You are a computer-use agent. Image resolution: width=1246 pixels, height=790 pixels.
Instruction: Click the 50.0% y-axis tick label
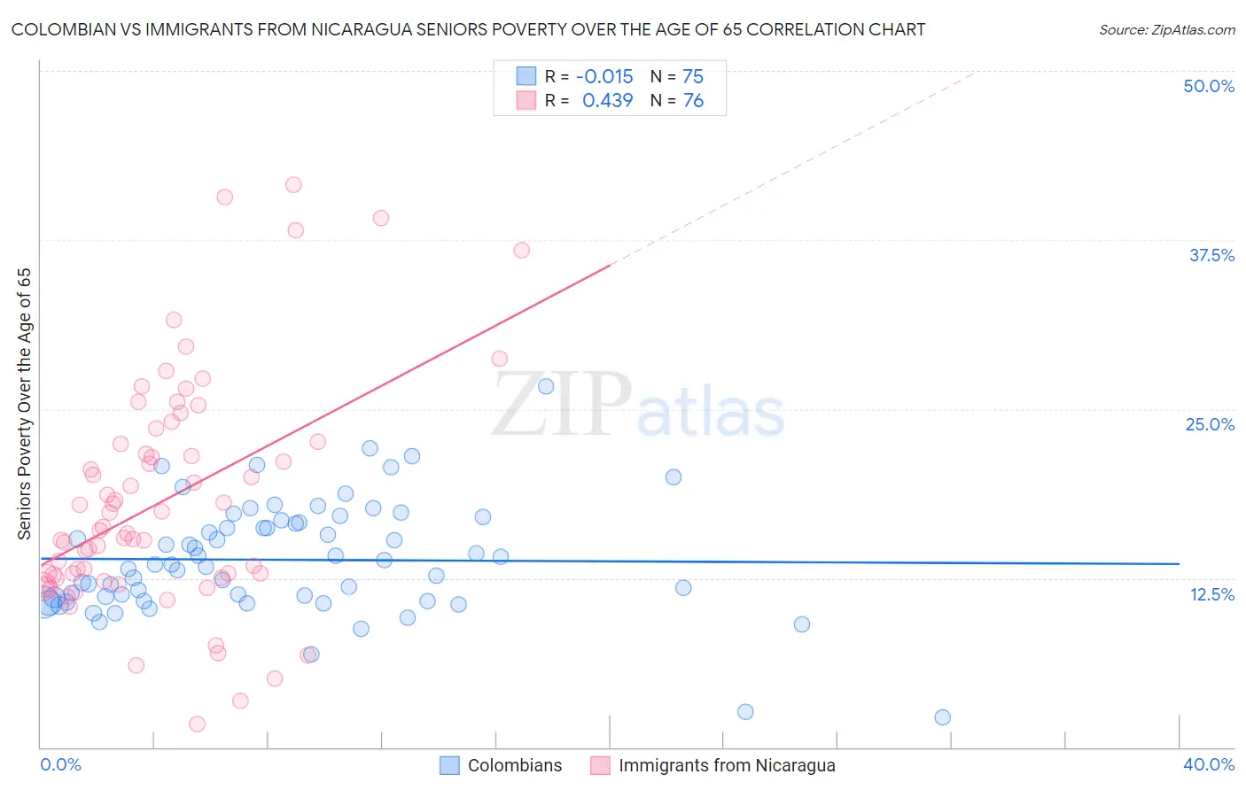point(1209,86)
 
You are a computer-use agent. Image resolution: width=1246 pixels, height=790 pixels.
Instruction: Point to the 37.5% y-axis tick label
point(1211,255)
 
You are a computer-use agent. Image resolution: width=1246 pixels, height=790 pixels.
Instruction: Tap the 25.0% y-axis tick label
point(1210,424)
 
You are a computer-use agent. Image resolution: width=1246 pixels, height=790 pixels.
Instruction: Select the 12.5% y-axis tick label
point(1211,594)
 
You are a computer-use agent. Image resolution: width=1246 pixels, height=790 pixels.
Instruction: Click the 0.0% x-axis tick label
point(60,764)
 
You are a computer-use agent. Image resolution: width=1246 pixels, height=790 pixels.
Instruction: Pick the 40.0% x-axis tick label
point(1209,764)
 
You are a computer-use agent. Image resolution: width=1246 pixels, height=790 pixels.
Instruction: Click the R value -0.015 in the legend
point(604,76)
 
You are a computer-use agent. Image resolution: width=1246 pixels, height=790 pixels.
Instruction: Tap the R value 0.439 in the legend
point(607,101)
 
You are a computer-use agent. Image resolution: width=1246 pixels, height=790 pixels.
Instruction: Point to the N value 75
point(692,76)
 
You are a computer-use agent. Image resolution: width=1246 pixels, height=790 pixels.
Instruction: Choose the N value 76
point(692,101)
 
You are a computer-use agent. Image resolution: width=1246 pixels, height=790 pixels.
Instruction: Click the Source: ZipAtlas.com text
point(1166,30)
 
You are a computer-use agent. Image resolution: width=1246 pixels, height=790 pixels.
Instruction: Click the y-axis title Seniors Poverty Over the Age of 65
point(25,404)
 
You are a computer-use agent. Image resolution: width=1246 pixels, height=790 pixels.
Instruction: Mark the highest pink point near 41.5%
point(293,185)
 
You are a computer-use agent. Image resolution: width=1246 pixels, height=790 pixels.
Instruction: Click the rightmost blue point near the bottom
point(942,717)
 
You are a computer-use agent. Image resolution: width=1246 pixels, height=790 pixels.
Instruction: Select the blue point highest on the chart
point(546,386)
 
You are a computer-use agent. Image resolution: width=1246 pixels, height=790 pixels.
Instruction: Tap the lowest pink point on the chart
point(197,724)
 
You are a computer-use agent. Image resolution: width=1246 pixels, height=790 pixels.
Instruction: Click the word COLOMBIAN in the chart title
point(60,30)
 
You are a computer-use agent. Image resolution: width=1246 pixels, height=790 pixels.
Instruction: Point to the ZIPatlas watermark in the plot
point(638,405)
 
